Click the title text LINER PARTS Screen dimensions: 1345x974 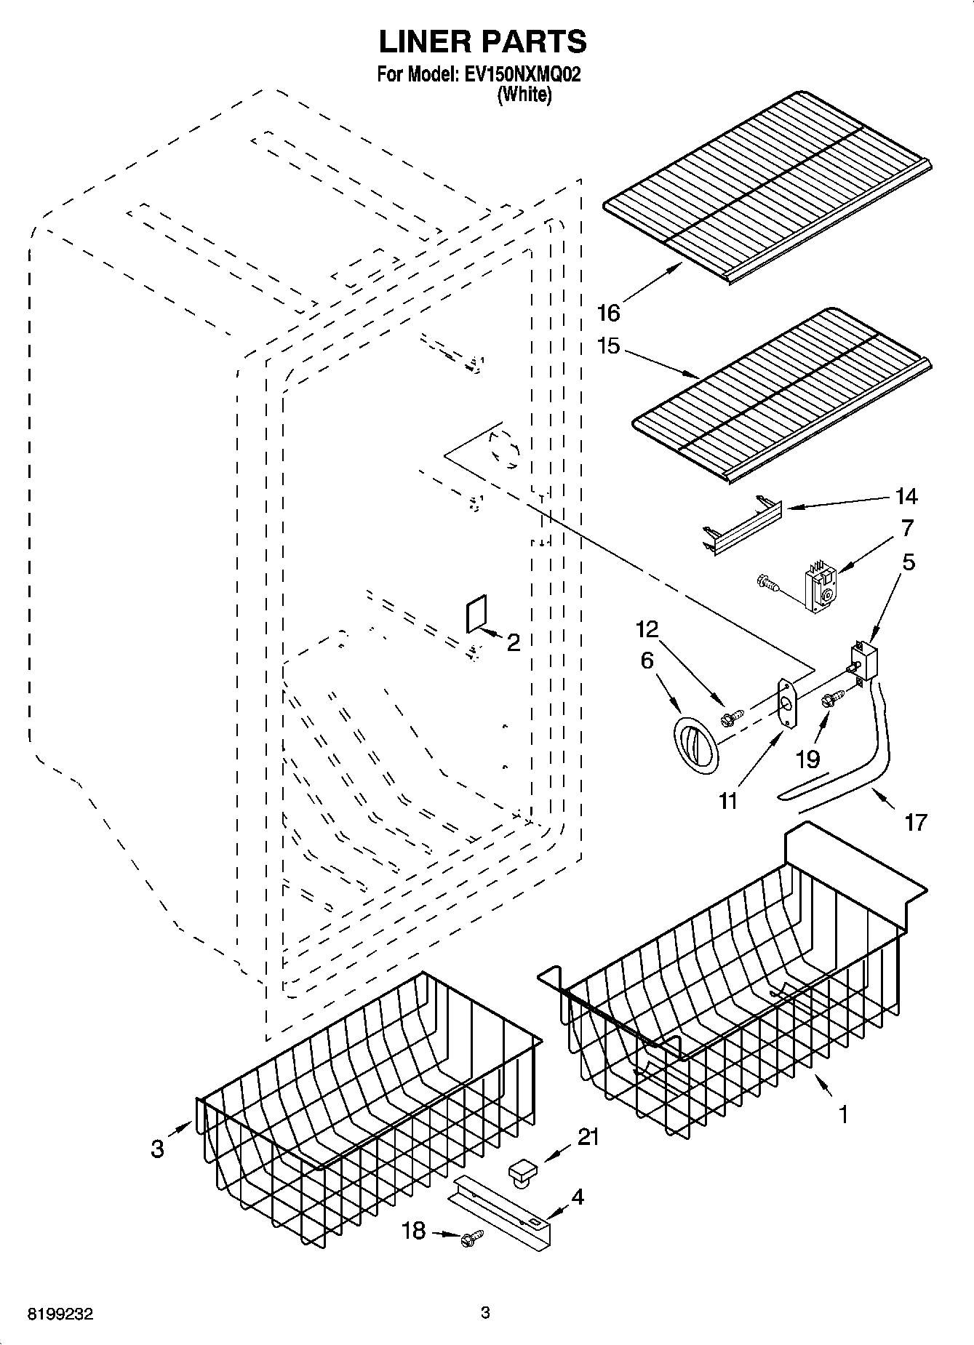point(482,42)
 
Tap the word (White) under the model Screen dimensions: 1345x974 point(524,95)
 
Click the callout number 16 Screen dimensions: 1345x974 point(608,314)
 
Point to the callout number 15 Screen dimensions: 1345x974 point(608,346)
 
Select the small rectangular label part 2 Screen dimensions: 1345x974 point(474,615)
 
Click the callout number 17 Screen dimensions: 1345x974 point(916,822)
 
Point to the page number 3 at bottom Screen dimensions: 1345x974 point(485,1312)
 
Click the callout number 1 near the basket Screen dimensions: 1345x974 point(843,1114)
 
